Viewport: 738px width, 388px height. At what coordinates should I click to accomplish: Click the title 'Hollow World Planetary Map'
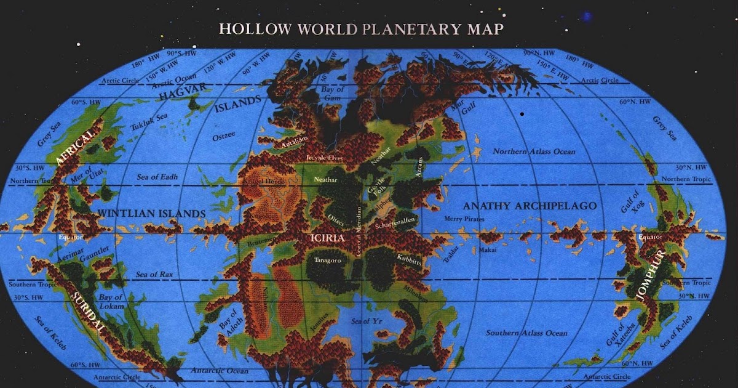click(x=361, y=28)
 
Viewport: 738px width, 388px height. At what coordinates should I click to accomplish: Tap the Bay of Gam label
click(x=333, y=94)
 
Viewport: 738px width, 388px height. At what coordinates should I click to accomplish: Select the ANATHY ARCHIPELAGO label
click(x=529, y=206)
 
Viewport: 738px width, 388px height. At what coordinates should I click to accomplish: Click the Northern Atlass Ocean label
click(x=534, y=152)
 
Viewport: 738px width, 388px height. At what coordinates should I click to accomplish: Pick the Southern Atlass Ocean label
click(x=526, y=333)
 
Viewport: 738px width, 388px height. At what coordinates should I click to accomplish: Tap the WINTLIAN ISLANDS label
click(x=151, y=214)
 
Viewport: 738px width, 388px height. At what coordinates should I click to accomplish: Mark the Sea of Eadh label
click(x=157, y=177)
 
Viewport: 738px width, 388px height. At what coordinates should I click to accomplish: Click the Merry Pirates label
click(x=465, y=219)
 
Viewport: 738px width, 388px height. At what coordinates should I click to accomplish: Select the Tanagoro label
click(x=328, y=261)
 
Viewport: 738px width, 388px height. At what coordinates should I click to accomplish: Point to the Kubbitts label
click(x=409, y=261)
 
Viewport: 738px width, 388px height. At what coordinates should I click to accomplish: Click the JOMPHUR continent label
click(x=651, y=281)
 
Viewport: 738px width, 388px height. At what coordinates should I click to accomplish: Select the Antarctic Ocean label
click(x=220, y=371)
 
